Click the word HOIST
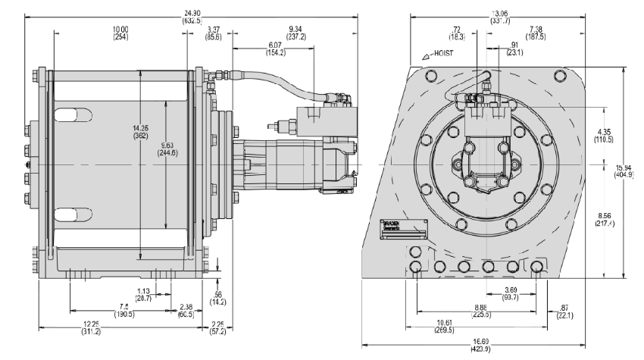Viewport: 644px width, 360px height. [x=442, y=55]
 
